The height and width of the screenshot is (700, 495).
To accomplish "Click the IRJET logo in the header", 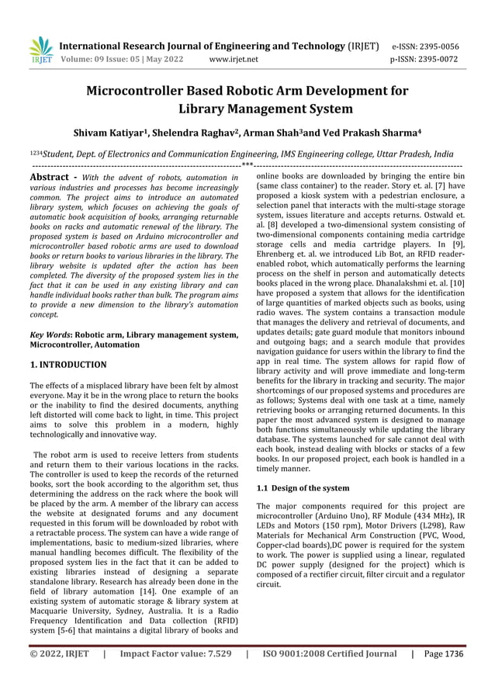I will click(x=40, y=49).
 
